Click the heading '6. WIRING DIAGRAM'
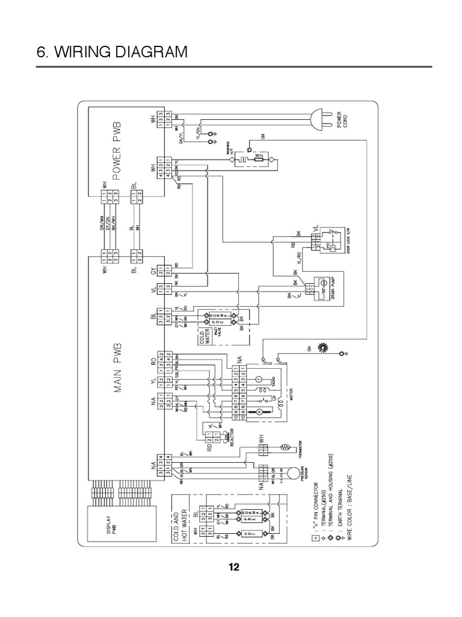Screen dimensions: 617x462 112,52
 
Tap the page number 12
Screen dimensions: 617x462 234,567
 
